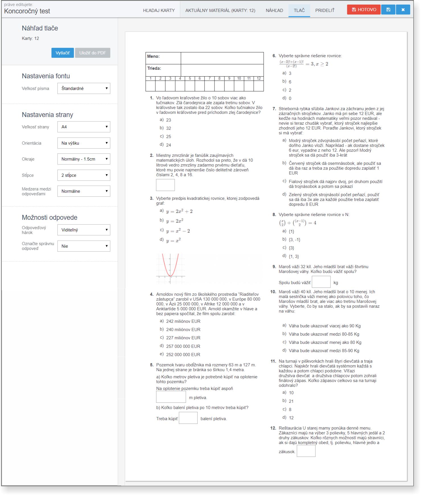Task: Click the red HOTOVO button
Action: (364, 10)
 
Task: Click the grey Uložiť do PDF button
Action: (92, 53)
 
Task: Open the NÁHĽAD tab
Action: (274, 11)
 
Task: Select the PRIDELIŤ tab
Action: (325, 11)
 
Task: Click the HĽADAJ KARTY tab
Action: (159, 11)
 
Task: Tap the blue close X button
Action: (403, 10)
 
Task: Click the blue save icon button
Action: (388, 10)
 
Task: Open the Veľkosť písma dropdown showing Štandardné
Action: (84, 89)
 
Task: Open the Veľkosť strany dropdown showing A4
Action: (84, 127)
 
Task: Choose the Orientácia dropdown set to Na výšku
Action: (84, 143)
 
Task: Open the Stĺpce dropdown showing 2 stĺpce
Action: (84, 175)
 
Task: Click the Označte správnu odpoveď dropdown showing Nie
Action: (84, 246)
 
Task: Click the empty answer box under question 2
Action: (165, 185)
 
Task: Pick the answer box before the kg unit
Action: (321, 282)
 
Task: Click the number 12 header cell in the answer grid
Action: (259, 79)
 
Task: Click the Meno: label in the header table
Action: (153, 56)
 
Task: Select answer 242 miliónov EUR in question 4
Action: (183, 321)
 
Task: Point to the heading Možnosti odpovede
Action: (49, 217)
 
